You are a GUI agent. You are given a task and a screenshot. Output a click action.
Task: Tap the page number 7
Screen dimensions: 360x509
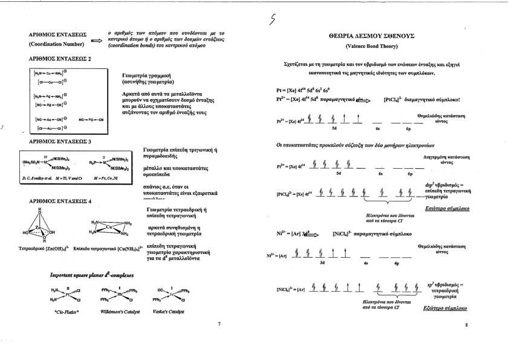click(219, 324)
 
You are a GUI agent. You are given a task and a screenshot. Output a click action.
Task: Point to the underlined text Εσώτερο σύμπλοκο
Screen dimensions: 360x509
click(453, 207)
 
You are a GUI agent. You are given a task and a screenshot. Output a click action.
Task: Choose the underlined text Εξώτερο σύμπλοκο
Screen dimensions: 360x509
click(452, 308)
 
